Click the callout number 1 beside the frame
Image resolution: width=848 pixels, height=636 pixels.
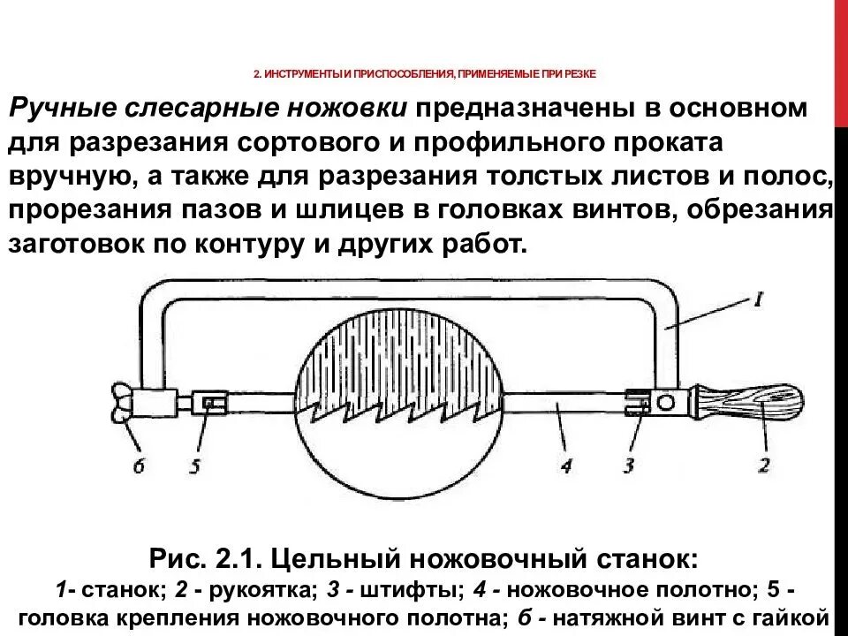757,299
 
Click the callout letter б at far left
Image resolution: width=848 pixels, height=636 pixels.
139,465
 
